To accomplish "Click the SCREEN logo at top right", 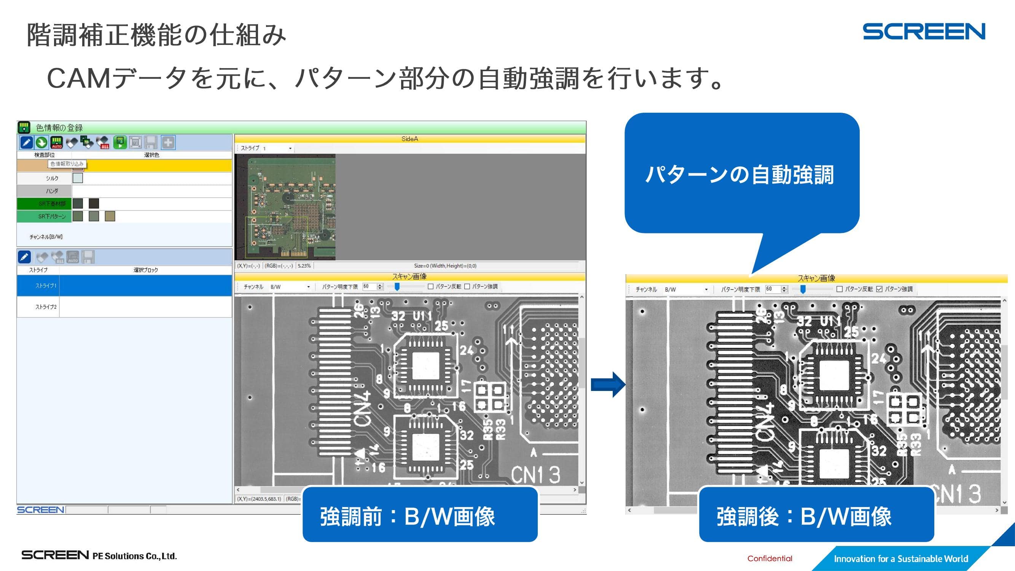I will (924, 32).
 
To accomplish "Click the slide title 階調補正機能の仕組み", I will (156, 35).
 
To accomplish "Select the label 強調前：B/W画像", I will (408, 516).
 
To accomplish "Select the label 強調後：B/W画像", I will (804, 516).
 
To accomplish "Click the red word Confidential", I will (770, 558).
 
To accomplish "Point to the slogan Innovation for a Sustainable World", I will (901, 559).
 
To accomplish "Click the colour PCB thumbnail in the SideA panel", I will (285, 207).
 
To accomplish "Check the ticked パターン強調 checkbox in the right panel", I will (879, 289).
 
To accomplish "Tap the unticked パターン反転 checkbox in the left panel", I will (431, 287).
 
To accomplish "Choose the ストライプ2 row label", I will (46, 307).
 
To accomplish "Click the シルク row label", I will (52, 179).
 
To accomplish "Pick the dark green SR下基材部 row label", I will (52, 204).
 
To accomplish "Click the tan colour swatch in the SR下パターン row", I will (110, 216).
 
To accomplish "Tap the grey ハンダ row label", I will (52, 191).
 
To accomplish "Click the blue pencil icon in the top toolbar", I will (26, 143).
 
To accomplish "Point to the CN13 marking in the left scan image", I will (535, 475).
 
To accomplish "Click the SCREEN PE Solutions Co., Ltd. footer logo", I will (99, 556).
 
